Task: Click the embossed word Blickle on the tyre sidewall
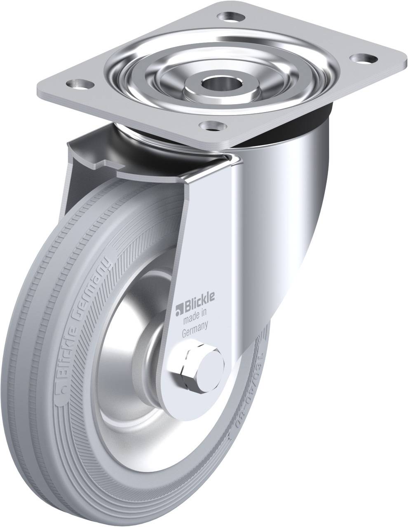(64, 350)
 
